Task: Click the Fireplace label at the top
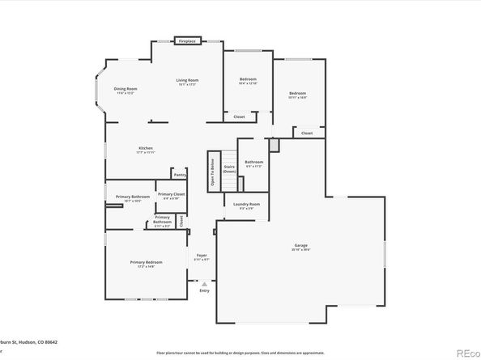click(187, 40)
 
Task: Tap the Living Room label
click(188, 80)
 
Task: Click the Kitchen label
click(145, 148)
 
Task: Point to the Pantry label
click(179, 174)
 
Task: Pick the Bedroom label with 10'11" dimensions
click(297, 93)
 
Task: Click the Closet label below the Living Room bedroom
click(239, 117)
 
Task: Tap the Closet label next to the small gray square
click(307, 133)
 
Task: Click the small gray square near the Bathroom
click(275, 144)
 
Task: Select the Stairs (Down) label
click(229, 168)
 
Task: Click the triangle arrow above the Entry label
click(204, 284)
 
